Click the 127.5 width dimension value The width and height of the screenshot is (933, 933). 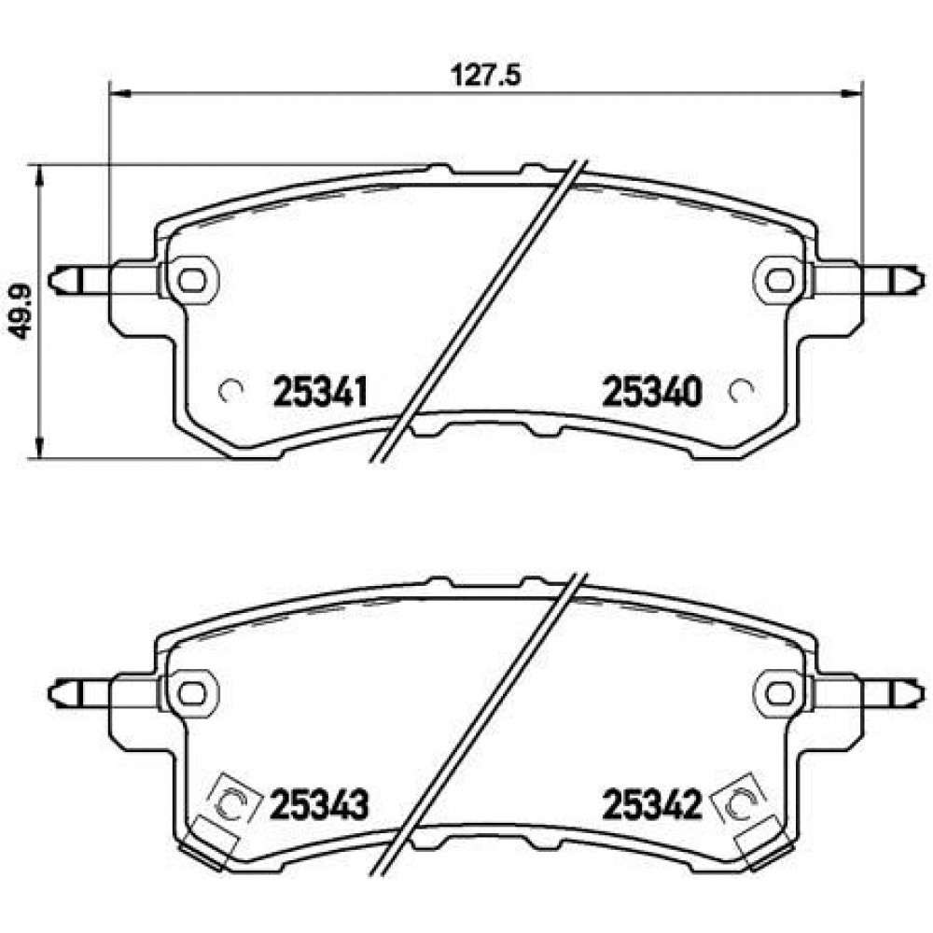pos(485,76)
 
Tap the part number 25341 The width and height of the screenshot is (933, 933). pos(320,392)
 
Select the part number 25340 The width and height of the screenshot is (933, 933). pos(652,392)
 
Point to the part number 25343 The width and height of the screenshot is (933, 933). pos(320,804)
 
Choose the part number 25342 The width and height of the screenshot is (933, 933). pos(653,804)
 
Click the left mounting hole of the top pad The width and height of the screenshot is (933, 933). pos(191,279)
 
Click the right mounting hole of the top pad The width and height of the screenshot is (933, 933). pos(780,279)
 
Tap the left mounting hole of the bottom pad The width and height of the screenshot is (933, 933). pos(191,692)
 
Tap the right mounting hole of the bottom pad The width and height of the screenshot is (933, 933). pos(780,692)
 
